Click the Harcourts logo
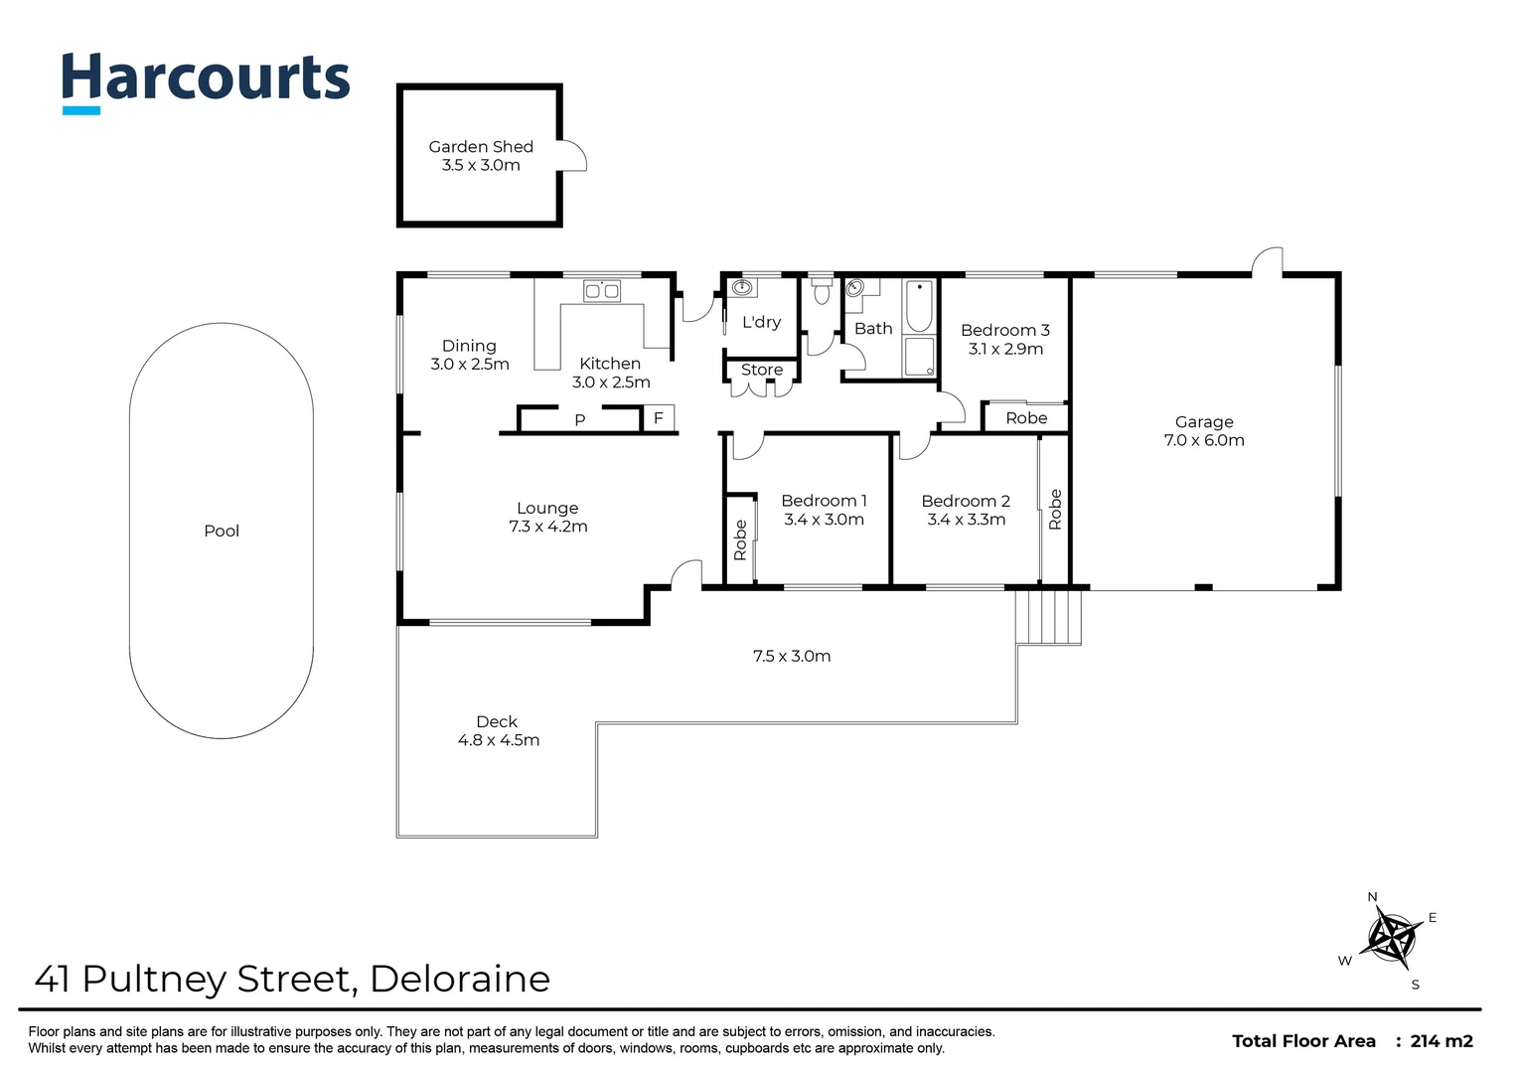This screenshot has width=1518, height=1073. tap(206, 80)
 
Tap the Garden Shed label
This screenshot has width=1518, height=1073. tap(481, 147)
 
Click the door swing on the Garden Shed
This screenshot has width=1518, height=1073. tap(573, 156)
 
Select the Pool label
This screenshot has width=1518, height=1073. tap(222, 531)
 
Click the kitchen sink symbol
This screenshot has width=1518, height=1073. tap(602, 291)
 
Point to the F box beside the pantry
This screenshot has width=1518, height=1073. tap(659, 418)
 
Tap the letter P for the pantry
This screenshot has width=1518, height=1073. tap(580, 420)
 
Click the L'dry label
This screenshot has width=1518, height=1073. tap(761, 322)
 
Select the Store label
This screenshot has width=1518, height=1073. tap(762, 370)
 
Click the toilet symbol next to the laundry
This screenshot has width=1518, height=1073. tap(821, 292)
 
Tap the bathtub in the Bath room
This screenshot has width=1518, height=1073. tap(920, 307)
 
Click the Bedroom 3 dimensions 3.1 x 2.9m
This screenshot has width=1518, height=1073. tap(1005, 349)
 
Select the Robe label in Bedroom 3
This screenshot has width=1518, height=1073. tap(1026, 418)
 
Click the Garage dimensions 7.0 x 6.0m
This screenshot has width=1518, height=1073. tap(1204, 440)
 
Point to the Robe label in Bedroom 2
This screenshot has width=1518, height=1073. tap(1055, 509)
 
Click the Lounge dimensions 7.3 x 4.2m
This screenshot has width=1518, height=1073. tap(548, 527)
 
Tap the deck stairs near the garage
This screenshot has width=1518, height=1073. tap(1048, 616)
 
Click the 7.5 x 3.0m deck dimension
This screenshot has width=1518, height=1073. tap(792, 656)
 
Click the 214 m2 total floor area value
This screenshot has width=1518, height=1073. tap(1442, 1041)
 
